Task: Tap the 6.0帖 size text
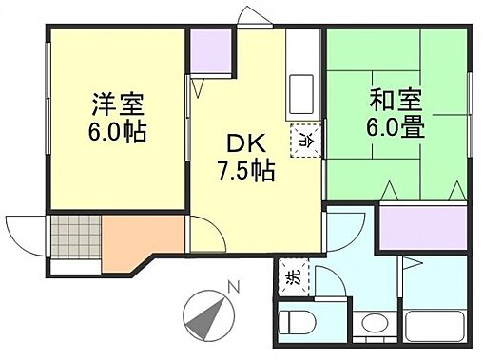click(x=117, y=132)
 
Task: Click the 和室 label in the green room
click(x=392, y=98)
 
